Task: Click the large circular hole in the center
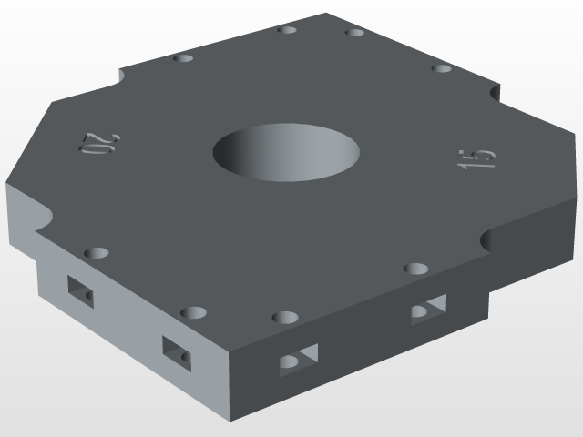[x=286, y=150]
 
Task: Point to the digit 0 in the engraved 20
[x=92, y=145]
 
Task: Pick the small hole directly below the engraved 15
[x=416, y=269]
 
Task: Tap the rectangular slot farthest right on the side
[x=427, y=310]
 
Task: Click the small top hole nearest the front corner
[x=285, y=318]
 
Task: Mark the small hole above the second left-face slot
[x=193, y=312]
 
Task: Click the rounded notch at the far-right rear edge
[x=496, y=92]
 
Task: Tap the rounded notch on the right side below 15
[x=487, y=240]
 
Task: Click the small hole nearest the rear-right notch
[x=442, y=68]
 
